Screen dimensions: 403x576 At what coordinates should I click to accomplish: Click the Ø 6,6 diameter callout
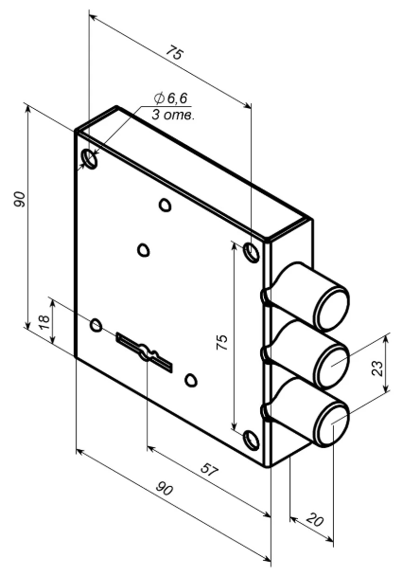point(170,99)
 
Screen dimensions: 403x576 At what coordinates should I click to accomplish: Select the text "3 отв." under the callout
point(173,116)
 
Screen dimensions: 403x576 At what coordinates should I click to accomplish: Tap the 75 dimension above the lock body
point(174,53)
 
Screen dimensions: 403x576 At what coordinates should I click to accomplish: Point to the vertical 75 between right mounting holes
point(222,342)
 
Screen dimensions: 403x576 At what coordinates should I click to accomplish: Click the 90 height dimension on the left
point(20,199)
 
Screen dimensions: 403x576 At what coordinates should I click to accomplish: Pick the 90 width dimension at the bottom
point(164,489)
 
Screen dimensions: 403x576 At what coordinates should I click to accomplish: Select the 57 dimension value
point(210,470)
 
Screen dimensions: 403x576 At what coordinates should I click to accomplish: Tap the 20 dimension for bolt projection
point(315,520)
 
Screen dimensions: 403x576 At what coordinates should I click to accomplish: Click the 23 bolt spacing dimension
point(377,369)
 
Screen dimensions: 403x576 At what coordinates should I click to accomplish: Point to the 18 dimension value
point(44,322)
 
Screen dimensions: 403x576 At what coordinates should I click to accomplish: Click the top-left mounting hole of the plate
point(90,159)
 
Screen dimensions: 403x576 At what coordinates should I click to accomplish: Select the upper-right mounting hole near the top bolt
point(252,253)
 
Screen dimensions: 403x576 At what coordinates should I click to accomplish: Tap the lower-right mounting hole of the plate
point(252,440)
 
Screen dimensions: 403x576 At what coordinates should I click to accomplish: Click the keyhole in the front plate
point(145,351)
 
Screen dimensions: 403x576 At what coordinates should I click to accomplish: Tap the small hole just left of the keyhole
point(96,325)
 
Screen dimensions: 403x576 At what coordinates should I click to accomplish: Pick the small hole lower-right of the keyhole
point(191,380)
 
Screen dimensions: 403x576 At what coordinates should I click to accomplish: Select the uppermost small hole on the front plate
point(165,205)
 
